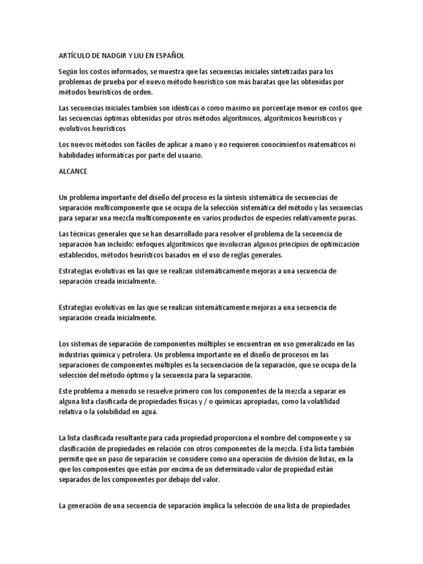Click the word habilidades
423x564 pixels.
(79, 155)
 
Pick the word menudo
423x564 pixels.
(111, 391)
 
